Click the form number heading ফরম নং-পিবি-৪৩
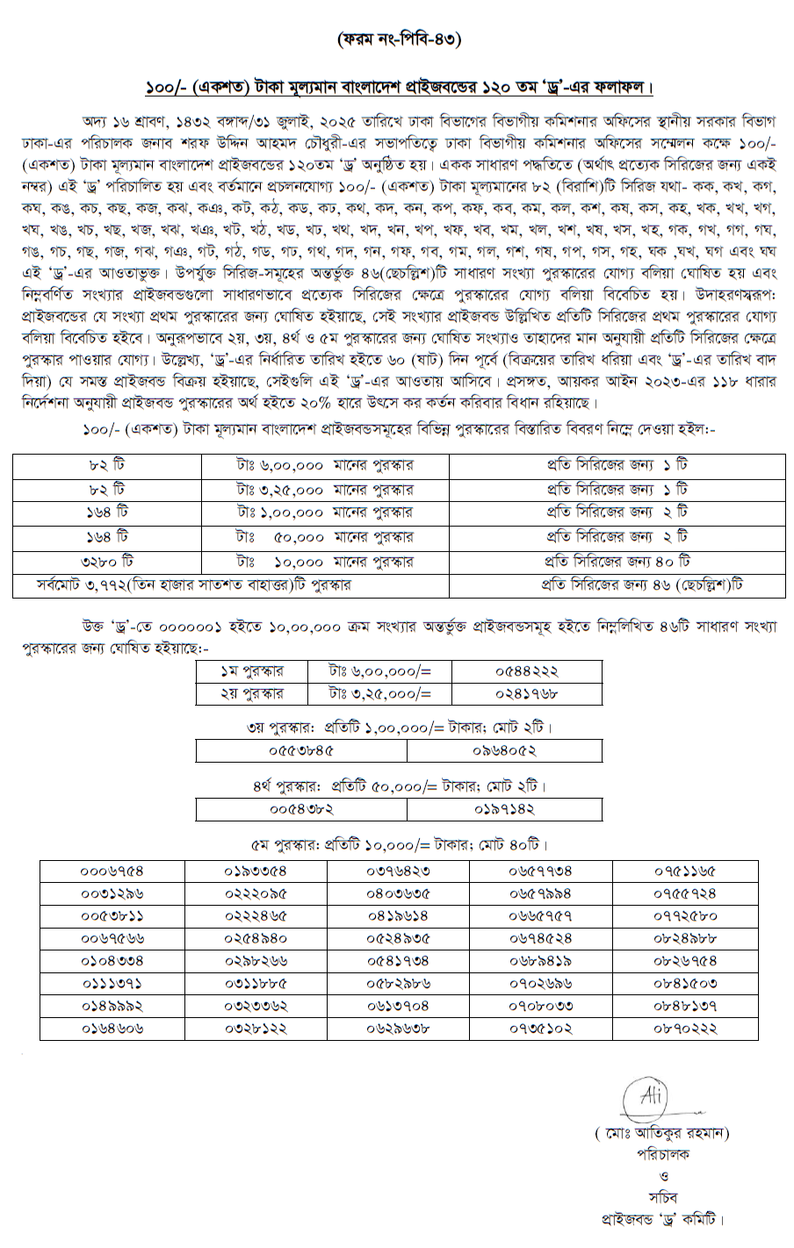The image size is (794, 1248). tap(398, 39)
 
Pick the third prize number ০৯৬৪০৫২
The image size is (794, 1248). tap(505, 751)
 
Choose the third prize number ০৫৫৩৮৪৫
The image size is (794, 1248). tap(301, 751)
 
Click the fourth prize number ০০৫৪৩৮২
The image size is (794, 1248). tap(301, 808)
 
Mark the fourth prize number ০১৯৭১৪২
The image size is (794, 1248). tap(505, 808)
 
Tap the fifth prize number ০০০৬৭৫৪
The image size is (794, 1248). tap(112, 871)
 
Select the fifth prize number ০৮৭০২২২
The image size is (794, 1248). tap(684, 1027)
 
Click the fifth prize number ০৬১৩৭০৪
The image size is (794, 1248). tap(398, 1005)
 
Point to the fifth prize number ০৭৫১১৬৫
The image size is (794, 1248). tap(684, 871)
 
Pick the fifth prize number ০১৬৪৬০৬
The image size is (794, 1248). tap(112, 1027)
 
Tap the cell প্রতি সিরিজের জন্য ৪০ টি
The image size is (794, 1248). tap(615, 561)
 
